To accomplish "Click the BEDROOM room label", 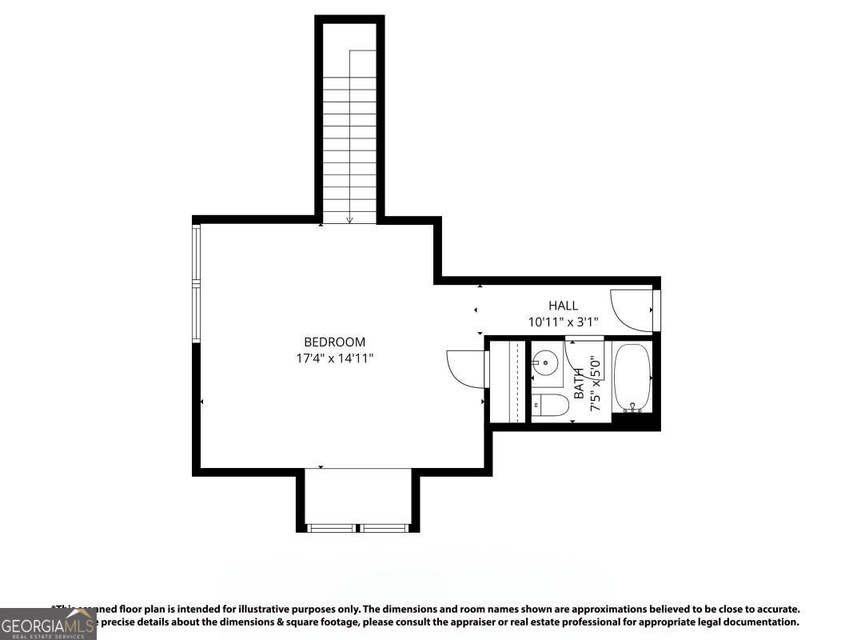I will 334,342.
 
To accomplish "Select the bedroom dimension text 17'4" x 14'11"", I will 334,358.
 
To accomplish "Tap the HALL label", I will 563,306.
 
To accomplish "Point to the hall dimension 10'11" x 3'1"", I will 563,322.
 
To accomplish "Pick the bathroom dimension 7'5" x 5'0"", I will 595,384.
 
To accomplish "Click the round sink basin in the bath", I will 546,362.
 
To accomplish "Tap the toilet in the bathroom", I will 550,406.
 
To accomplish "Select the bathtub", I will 633,377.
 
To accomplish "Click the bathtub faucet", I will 633,407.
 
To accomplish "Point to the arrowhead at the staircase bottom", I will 349,220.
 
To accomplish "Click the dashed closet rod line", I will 519,381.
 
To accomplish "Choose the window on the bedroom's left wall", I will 196,283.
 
